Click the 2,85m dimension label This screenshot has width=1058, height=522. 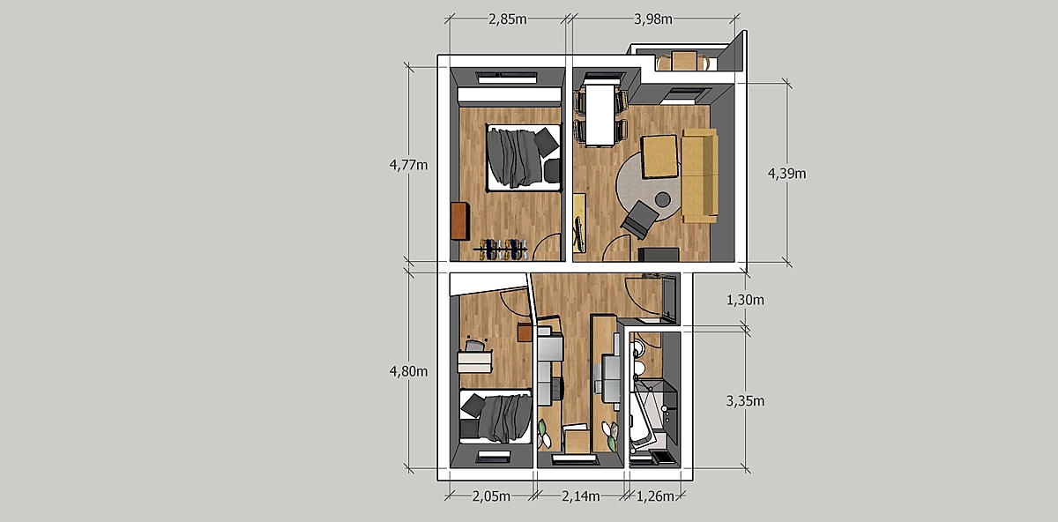pos(507,19)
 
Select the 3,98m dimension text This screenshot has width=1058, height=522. pos(653,19)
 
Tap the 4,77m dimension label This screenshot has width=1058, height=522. pos(408,165)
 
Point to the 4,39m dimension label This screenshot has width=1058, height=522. pos(786,174)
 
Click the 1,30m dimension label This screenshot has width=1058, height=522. pos(745,300)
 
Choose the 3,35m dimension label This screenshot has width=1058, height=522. pos(745,401)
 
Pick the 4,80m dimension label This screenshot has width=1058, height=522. pos(408,372)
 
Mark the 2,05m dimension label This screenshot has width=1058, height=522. pos(491,496)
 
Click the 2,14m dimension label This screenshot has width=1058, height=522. pos(580,496)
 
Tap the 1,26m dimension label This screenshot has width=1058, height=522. pos(655,496)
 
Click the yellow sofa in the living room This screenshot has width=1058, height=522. pos(699,175)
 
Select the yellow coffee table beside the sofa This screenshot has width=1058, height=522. pos(659,156)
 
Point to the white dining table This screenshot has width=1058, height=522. pos(600,115)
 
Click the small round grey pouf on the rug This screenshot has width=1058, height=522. pos(663,199)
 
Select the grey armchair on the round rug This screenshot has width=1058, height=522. pos(640,220)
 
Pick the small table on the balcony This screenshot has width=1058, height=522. pos(684,61)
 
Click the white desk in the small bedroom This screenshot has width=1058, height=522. pos(474,362)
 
